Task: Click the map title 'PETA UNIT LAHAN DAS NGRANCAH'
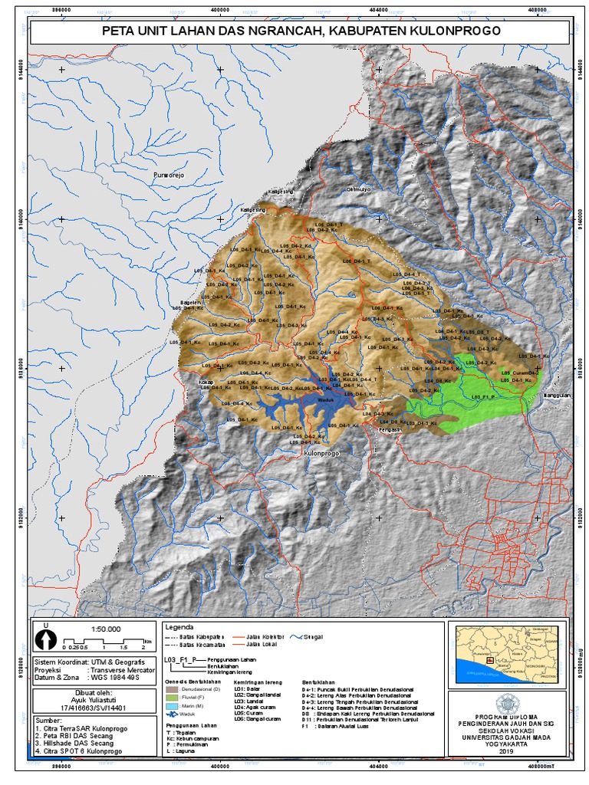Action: [301, 31]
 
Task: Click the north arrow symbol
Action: [46, 637]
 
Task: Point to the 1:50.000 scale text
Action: [103, 629]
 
